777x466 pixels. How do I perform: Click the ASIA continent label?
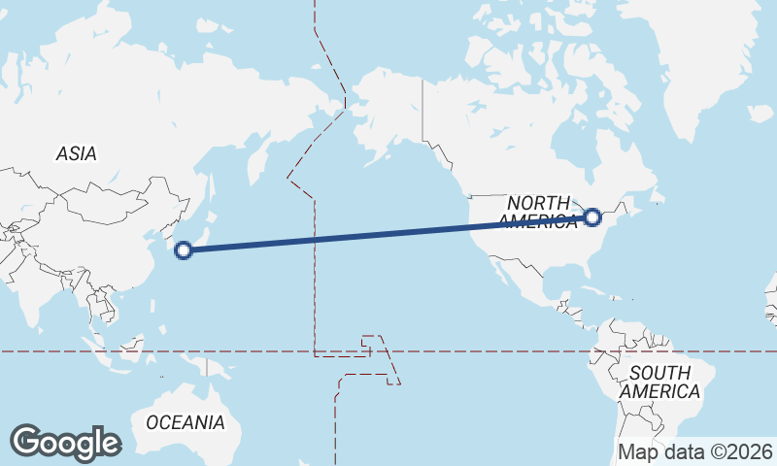(76, 153)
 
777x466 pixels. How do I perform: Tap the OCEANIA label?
(185, 422)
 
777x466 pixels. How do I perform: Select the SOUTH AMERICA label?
(659, 382)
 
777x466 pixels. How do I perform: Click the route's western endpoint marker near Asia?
(183, 250)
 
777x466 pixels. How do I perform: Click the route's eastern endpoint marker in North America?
(592, 216)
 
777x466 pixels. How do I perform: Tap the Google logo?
(65, 443)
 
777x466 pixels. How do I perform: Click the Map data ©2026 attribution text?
(695, 452)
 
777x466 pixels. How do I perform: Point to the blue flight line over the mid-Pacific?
(388, 234)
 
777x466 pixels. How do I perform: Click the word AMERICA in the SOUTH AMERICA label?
(659, 391)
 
